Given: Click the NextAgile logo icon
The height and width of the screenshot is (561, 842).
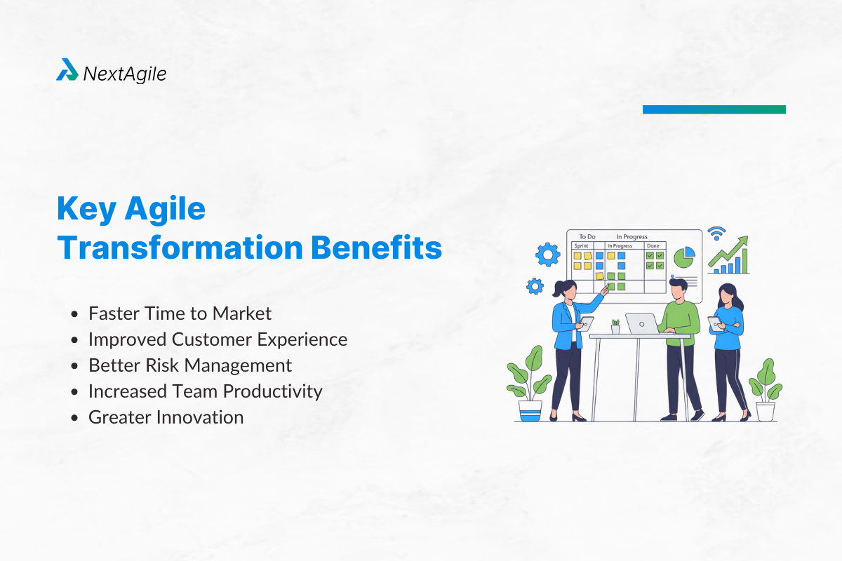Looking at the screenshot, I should point(67,70).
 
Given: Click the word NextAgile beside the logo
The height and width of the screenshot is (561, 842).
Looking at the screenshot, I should point(125,73).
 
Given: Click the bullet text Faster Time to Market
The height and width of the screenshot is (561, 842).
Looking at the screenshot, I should point(180,313).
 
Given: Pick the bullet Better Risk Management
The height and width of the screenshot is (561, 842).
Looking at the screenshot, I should point(190,365).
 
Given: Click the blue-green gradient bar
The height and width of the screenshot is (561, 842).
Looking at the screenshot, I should point(714,109).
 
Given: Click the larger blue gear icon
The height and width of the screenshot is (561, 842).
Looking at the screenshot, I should point(548,255).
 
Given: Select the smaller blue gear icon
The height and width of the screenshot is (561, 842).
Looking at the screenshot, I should point(535,285).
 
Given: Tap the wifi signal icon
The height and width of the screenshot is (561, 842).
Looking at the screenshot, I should point(716,234).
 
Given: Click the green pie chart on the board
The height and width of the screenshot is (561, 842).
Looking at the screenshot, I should point(683,257).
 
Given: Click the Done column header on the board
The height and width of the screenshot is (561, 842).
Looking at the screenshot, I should point(653,246).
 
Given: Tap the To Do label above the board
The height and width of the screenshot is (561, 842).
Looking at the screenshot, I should point(587,237).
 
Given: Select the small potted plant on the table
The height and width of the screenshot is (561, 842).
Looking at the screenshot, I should point(615,327).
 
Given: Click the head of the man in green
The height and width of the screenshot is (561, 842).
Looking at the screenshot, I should point(676,287).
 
